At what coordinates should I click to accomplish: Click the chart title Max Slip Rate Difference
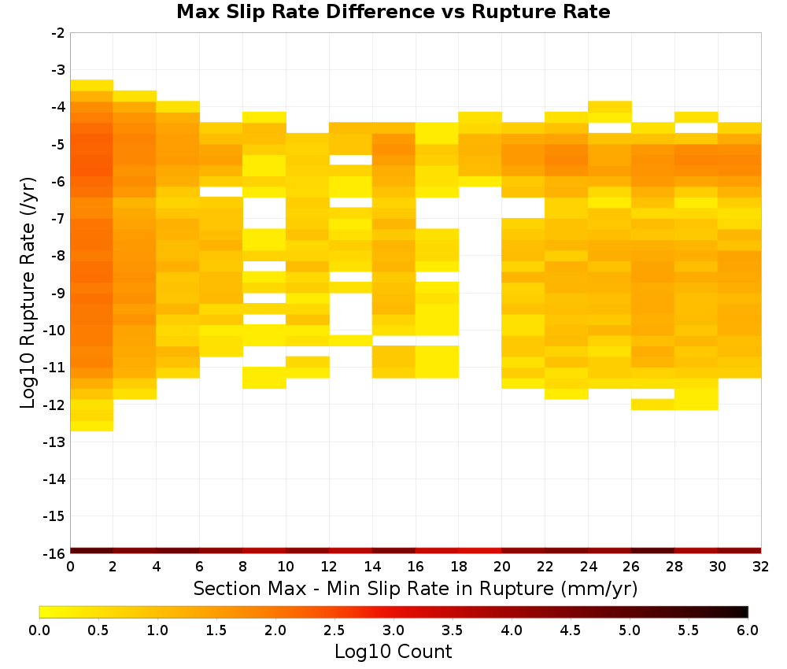pyautogui.click(x=305, y=12)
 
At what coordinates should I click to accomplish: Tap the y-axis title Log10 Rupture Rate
pyautogui.click(x=28, y=293)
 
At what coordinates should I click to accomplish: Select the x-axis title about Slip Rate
pyautogui.click(x=415, y=588)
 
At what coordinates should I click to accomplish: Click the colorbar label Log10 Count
pyautogui.click(x=393, y=652)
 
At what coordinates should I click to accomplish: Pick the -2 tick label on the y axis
pyautogui.click(x=58, y=33)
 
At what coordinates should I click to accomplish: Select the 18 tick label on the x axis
pyautogui.click(x=459, y=567)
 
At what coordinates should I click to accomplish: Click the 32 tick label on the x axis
pyautogui.click(x=761, y=567)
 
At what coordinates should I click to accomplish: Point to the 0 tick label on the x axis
pyautogui.click(x=70, y=567)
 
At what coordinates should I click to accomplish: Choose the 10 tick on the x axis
pyautogui.click(x=286, y=567)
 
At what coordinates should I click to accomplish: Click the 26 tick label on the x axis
pyautogui.click(x=631, y=567)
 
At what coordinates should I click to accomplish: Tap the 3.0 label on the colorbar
pyautogui.click(x=393, y=630)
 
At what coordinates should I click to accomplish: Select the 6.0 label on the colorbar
pyautogui.click(x=748, y=630)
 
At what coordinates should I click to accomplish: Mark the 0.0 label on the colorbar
pyautogui.click(x=39, y=630)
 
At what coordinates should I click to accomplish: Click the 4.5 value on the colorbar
pyautogui.click(x=571, y=630)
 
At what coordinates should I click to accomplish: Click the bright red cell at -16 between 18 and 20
pyautogui.click(x=480, y=551)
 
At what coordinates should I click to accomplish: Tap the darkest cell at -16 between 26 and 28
pyautogui.click(x=653, y=551)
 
